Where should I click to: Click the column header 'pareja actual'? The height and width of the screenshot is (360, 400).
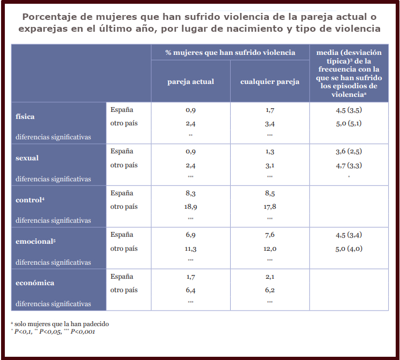(x=190, y=82)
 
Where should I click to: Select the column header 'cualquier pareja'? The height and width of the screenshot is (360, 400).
(x=269, y=82)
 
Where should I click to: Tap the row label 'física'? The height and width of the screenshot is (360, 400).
(x=25, y=116)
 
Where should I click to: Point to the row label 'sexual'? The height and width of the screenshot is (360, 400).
(x=27, y=158)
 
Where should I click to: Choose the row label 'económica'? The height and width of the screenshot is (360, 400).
(x=35, y=283)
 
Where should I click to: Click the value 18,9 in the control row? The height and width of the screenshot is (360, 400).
(x=190, y=207)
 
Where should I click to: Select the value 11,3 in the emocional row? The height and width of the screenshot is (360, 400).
(x=190, y=249)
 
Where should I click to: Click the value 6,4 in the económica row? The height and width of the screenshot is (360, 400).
(x=190, y=290)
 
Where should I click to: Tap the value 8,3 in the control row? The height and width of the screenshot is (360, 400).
(x=190, y=193)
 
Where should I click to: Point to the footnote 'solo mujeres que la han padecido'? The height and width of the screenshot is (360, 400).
(x=61, y=324)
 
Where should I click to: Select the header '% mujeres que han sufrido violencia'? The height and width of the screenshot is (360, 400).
(x=230, y=52)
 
